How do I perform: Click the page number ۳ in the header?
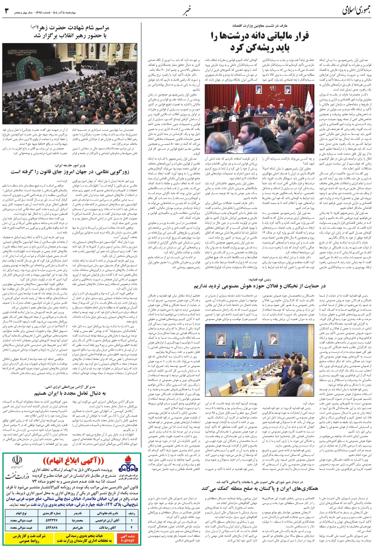(x=6, y=10)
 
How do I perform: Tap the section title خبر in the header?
(x=187, y=9)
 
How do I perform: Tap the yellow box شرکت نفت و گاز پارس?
(x=18, y=537)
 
